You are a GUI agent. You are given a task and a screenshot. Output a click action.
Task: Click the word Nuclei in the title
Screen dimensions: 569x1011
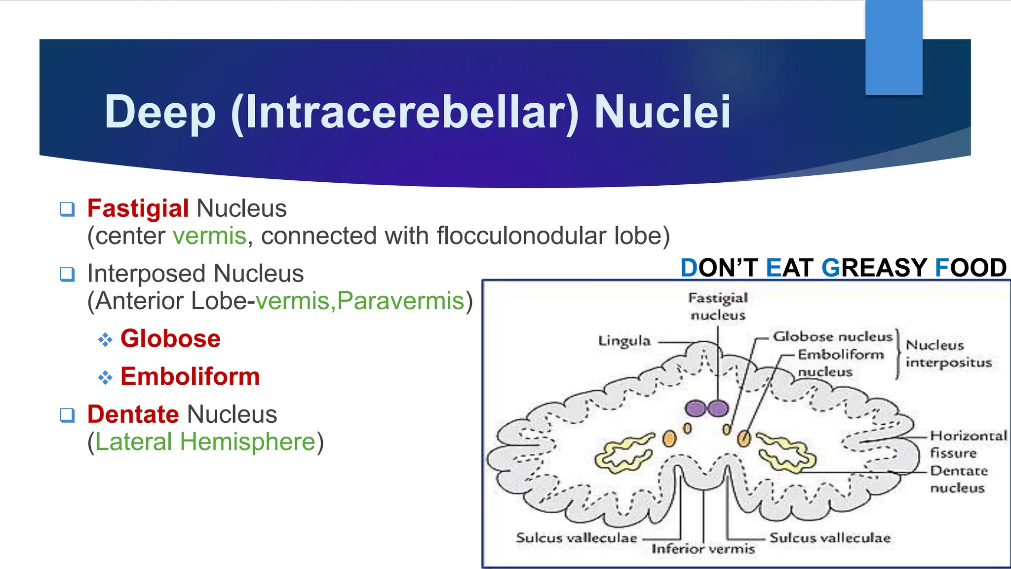(661, 113)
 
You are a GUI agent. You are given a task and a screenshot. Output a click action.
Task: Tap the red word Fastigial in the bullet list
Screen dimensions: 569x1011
(138, 208)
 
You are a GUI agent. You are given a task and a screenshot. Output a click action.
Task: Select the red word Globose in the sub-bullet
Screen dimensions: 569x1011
(170, 339)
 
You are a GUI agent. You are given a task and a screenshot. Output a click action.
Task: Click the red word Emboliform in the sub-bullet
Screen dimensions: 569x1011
(190, 377)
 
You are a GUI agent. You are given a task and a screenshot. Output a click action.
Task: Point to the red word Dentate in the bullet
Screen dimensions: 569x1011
(133, 414)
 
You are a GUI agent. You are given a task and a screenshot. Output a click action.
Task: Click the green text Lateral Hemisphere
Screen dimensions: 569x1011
(205, 442)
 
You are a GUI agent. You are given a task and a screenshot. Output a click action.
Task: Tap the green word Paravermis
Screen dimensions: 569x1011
(401, 301)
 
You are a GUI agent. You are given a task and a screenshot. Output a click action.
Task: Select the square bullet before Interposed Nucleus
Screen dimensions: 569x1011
(67, 274)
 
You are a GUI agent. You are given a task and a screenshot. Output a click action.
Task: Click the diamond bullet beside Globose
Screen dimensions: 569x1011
(105, 340)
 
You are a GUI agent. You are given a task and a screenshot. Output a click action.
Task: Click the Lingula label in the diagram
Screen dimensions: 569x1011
(624, 341)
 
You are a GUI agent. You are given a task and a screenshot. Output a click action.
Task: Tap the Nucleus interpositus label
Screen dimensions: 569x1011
(948, 354)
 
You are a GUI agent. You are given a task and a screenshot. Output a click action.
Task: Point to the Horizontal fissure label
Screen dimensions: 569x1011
(968, 444)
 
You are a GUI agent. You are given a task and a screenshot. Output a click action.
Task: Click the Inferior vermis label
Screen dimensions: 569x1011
(703, 549)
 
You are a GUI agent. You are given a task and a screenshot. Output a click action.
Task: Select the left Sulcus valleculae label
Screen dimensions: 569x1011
(576, 538)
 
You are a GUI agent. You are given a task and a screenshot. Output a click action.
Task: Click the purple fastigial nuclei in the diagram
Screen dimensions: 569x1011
(707, 408)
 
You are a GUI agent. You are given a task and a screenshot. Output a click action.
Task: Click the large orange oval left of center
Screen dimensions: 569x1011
(669, 438)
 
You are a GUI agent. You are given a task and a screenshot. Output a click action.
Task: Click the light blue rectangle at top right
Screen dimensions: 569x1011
(894, 47)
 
